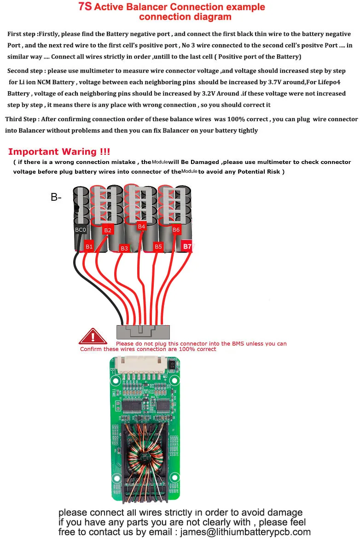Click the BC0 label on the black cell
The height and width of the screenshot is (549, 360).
(81, 229)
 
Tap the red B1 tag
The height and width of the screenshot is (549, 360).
(89, 246)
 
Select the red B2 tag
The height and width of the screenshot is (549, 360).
(108, 230)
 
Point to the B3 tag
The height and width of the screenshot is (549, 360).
(124, 248)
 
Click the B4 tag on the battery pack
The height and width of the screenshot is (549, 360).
(141, 226)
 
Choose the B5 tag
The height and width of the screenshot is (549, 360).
(158, 247)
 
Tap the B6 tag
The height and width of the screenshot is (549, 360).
(176, 229)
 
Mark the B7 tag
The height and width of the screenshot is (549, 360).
(187, 246)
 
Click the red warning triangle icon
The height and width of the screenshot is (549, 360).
(93, 337)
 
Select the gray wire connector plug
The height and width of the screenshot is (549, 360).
(143, 332)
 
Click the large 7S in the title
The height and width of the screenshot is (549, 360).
(85, 7)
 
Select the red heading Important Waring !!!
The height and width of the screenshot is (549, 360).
(59, 152)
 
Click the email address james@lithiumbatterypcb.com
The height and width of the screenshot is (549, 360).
(245, 532)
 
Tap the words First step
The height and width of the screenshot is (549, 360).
(22, 34)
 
